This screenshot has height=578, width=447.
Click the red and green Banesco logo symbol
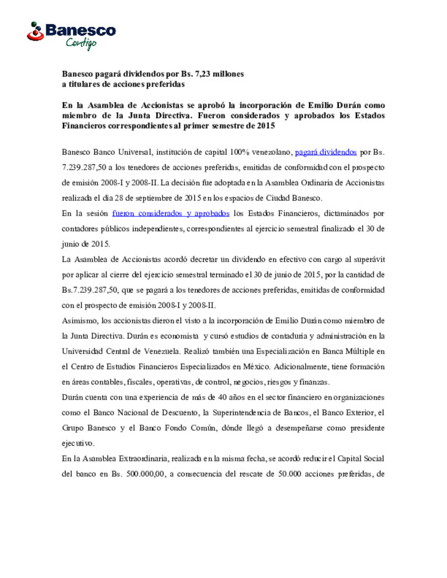[36, 32]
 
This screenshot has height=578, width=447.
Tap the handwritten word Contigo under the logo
[81, 43]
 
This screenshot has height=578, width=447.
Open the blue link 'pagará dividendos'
[326, 152]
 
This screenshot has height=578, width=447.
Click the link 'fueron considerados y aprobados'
[171, 213]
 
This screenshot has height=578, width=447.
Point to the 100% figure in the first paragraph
[239, 152]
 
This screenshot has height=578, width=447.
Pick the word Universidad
[82, 351]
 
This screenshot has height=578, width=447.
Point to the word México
[257, 367]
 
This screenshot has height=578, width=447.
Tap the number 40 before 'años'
[222, 397]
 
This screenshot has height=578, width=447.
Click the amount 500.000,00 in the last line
[145, 474]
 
